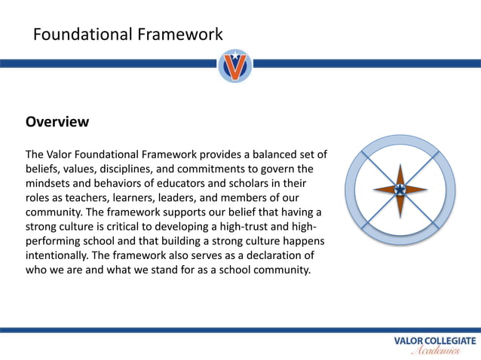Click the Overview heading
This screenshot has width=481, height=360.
click(57, 121)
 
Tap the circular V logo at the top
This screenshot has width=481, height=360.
click(236, 66)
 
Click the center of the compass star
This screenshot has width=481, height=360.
click(400, 190)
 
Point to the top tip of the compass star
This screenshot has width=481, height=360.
click(400, 160)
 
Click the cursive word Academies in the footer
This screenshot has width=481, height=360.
click(434, 351)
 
